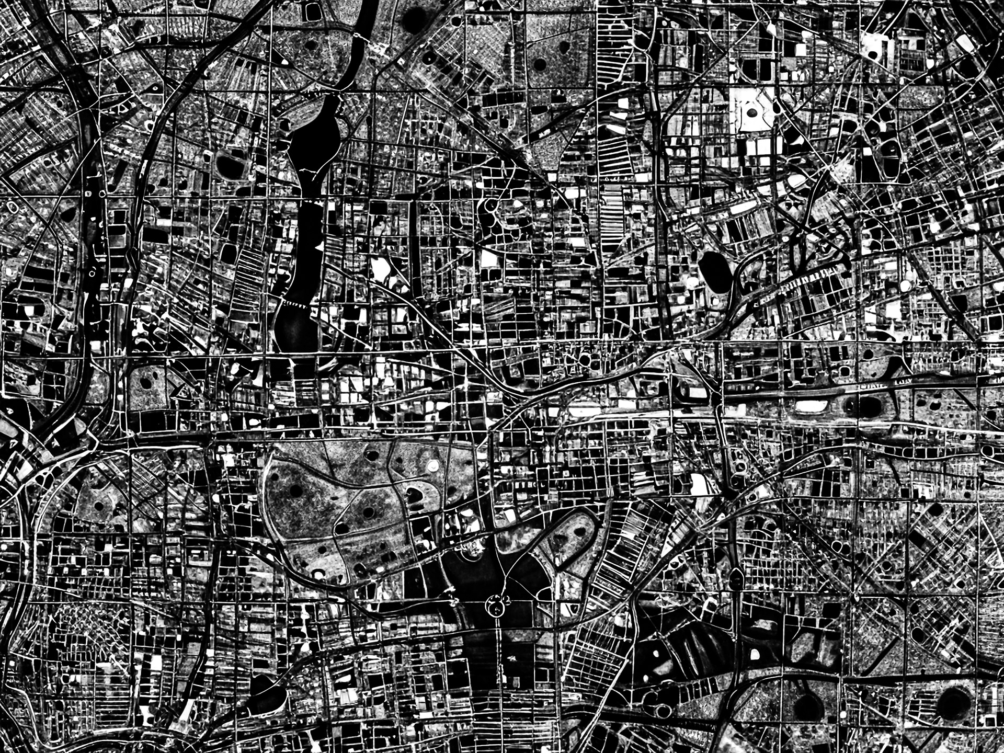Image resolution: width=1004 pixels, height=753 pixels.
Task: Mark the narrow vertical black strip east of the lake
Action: pyautogui.click(x=413, y=246)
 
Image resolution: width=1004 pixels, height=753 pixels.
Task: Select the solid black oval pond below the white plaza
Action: pyautogui.click(x=714, y=272)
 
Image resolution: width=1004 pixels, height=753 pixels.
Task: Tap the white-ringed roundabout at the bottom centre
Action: pyautogui.click(x=494, y=607)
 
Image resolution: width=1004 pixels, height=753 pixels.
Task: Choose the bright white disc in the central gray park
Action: pyautogui.click(x=432, y=465)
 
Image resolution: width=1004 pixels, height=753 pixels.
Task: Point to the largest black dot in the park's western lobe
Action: pyautogui.click(x=296, y=490)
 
